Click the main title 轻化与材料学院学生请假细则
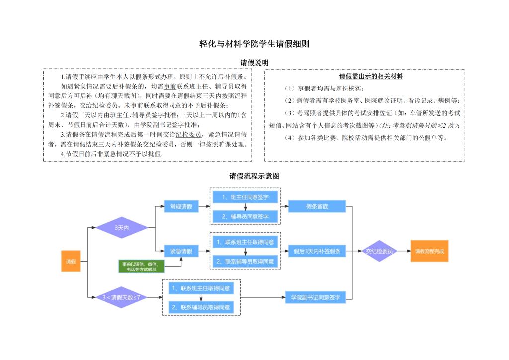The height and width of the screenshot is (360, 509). pyautogui.click(x=254, y=44)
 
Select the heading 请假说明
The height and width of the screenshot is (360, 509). pyautogui.click(x=254, y=63)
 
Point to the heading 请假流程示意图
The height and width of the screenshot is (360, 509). pyautogui.click(x=254, y=176)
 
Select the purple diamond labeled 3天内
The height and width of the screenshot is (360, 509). pyautogui.click(x=122, y=228)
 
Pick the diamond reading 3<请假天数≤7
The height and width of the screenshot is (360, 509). pyautogui.click(x=122, y=297)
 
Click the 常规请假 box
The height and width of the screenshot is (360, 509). pyautogui.click(x=181, y=206)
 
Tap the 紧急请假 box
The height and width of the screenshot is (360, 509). pyautogui.click(x=181, y=251)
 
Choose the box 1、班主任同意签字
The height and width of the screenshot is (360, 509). pyautogui.click(x=246, y=197)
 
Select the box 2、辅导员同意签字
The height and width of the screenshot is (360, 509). pyautogui.click(x=246, y=216)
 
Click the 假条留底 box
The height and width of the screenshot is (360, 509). pyautogui.click(x=317, y=206)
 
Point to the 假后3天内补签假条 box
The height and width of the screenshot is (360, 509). pyautogui.click(x=317, y=251)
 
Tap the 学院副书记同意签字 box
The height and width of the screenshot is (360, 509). pyautogui.click(x=316, y=297)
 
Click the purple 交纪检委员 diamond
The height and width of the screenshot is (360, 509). pyautogui.click(x=379, y=251)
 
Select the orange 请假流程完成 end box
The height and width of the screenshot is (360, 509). pyautogui.click(x=429, y=251)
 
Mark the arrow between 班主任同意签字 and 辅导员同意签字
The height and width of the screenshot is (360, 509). pyautogui.click(x=246, y=207)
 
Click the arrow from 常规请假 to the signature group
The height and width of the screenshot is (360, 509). pyautogui.click(x=204, y=206)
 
